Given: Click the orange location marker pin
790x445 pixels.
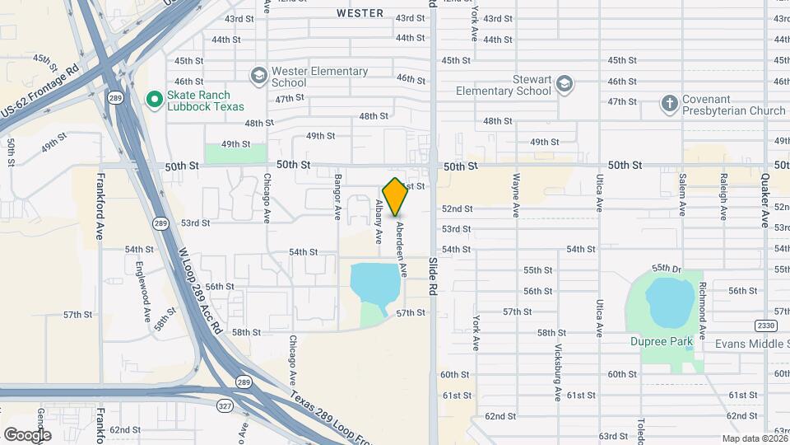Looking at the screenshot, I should click(396, 196).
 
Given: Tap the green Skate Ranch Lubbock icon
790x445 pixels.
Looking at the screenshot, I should click(153, 99).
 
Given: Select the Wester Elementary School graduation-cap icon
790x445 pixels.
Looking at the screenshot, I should click(259, 76).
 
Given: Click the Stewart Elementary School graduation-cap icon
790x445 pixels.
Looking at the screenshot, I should click(564, 83).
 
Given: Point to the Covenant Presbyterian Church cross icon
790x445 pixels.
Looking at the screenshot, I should click(670, 104).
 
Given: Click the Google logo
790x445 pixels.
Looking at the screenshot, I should click(27, 434).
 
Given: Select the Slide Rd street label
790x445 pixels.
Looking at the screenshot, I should click(432, 276).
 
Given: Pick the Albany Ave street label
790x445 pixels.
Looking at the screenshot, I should click(379, 222).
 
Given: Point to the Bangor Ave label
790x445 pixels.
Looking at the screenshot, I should click(337, 197).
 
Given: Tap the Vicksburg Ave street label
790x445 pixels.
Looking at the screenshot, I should click(558, 372).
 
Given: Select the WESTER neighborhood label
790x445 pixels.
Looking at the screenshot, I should click(360, 13).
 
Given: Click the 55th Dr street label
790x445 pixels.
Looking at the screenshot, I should click(667, 269).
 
